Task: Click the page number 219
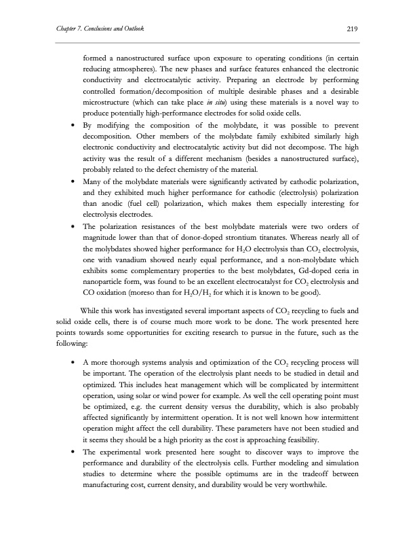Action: click(352, 29)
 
